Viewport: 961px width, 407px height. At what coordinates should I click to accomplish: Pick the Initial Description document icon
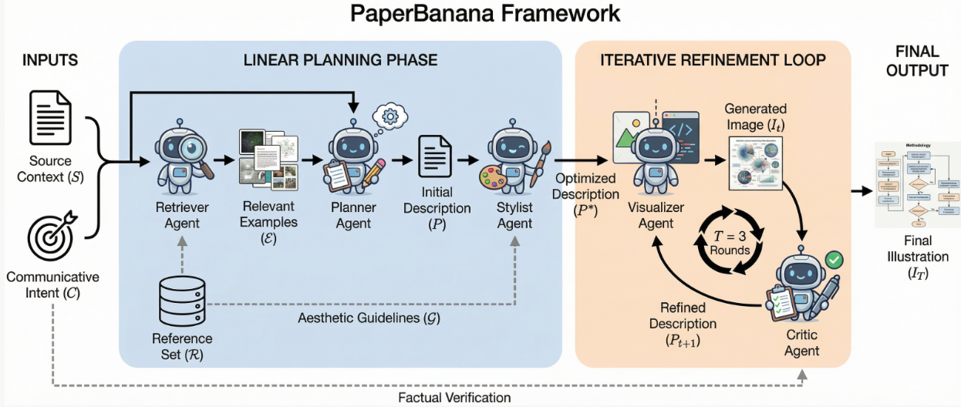click(x=435, y=159)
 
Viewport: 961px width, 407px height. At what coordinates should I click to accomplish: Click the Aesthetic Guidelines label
click(x=369, y=318)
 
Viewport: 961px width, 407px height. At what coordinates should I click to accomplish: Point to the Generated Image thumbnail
click(x=755, y=163)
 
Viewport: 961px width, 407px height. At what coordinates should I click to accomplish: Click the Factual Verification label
click(x=454, y=398)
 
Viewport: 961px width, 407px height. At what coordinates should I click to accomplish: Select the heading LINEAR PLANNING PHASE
click(x=340, y=60)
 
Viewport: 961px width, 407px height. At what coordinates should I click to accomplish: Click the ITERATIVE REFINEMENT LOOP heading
click(x=713, y=60)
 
